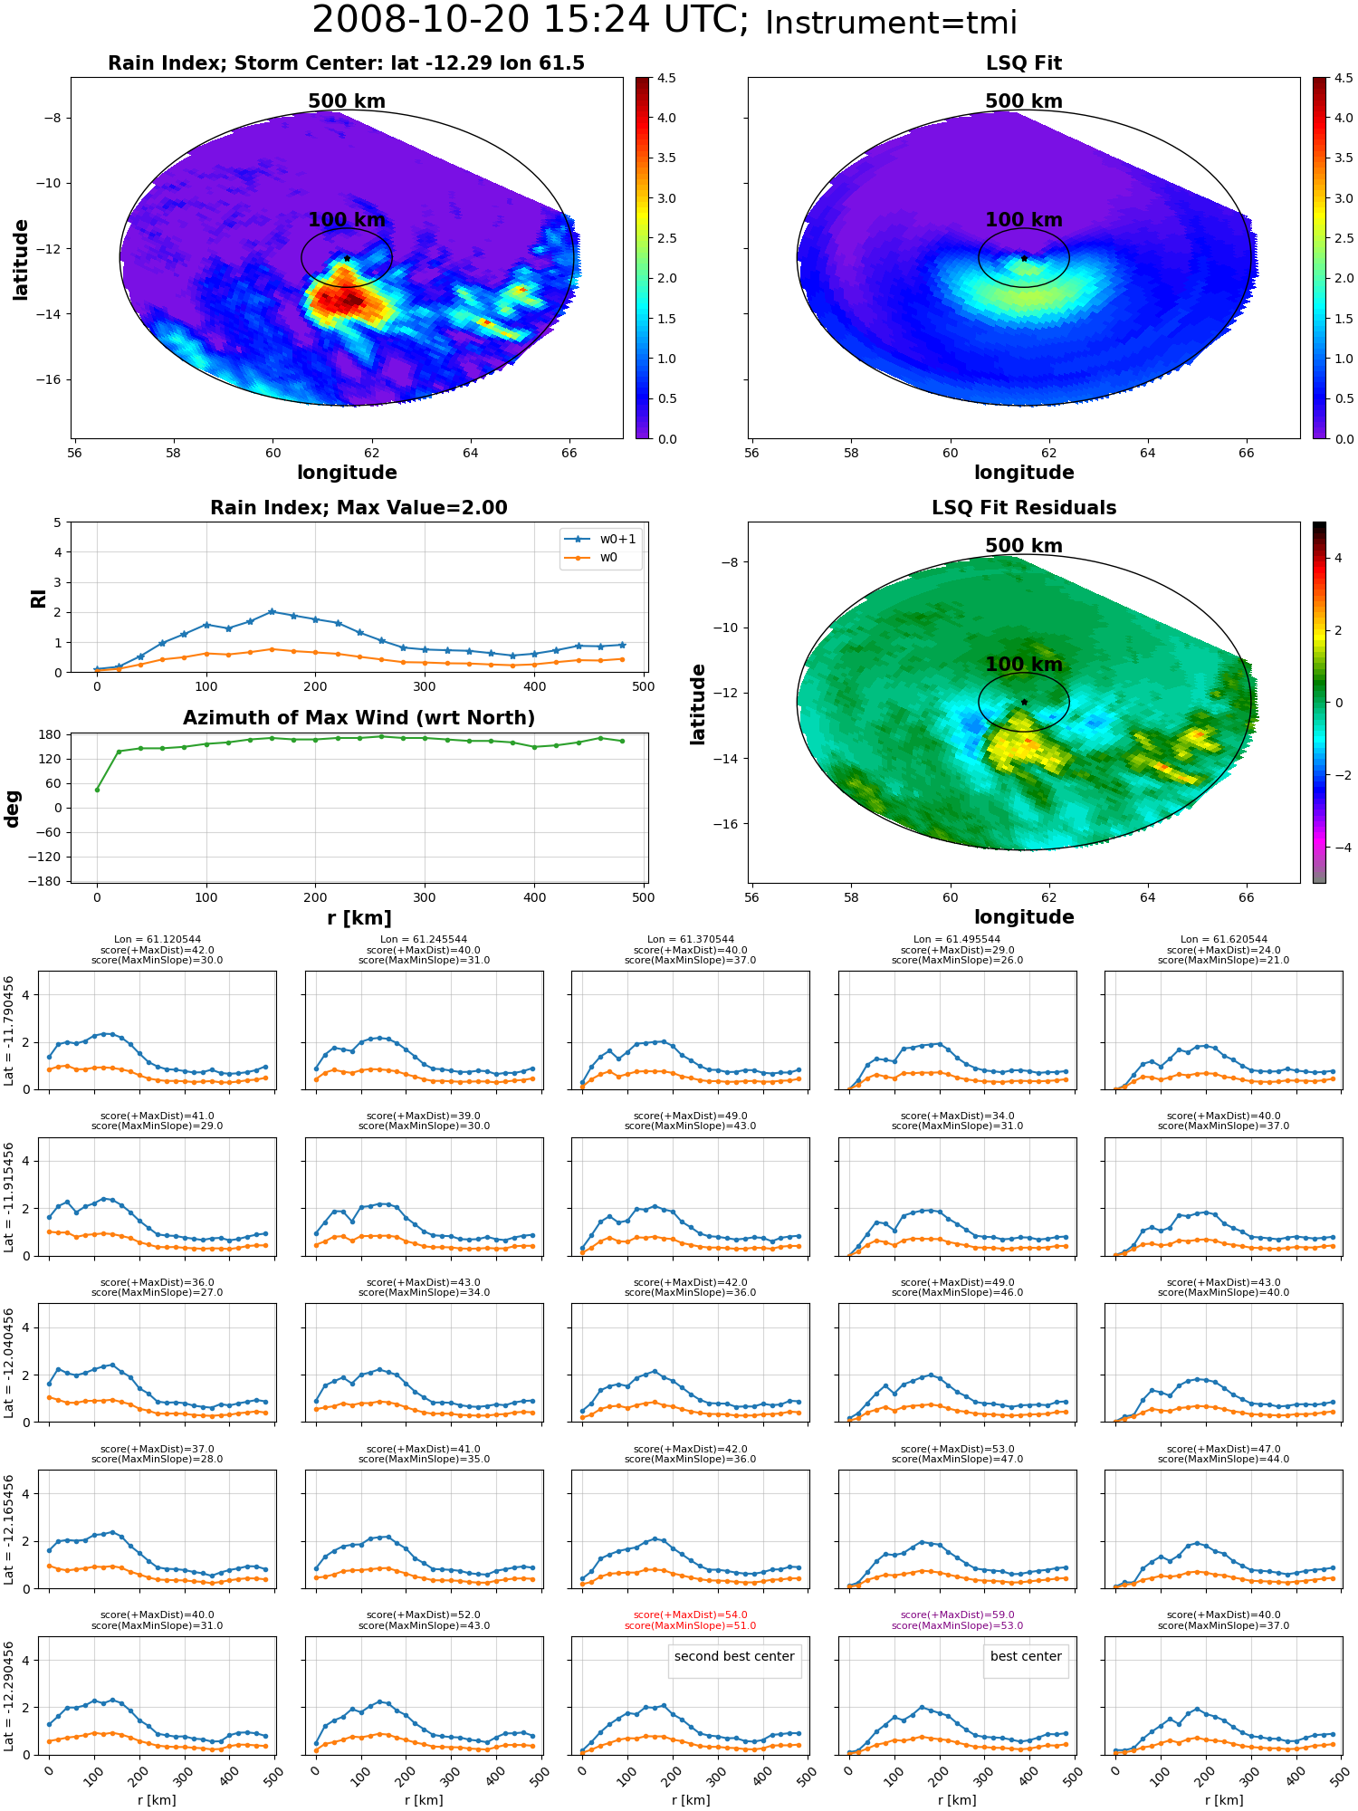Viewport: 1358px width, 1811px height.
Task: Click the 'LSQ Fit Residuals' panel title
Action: click(1024, 508)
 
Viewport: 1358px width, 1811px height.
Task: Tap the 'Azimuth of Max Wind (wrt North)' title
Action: click(359, 718)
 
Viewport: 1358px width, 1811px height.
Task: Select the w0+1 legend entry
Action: click(600, 540)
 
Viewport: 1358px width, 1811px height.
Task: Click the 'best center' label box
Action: click(1026, 1656)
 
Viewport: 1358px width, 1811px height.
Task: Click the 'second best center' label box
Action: click(734, 1656)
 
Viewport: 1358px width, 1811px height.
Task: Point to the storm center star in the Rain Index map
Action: click(347, 258)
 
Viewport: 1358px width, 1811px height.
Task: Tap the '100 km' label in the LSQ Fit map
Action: click(1024, 220)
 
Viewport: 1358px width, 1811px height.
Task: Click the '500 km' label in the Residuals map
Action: click(1024, 546)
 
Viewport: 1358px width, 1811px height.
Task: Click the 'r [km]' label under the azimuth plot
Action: click(359, 918)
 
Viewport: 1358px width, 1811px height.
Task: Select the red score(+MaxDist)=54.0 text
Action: click(691, 1615)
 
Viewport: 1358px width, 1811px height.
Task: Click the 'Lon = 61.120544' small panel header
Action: click(158, 940)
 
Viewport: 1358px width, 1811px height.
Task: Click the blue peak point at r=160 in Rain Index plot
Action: click(272, 611)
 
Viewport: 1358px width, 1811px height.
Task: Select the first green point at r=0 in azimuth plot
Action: click(97, 790)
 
